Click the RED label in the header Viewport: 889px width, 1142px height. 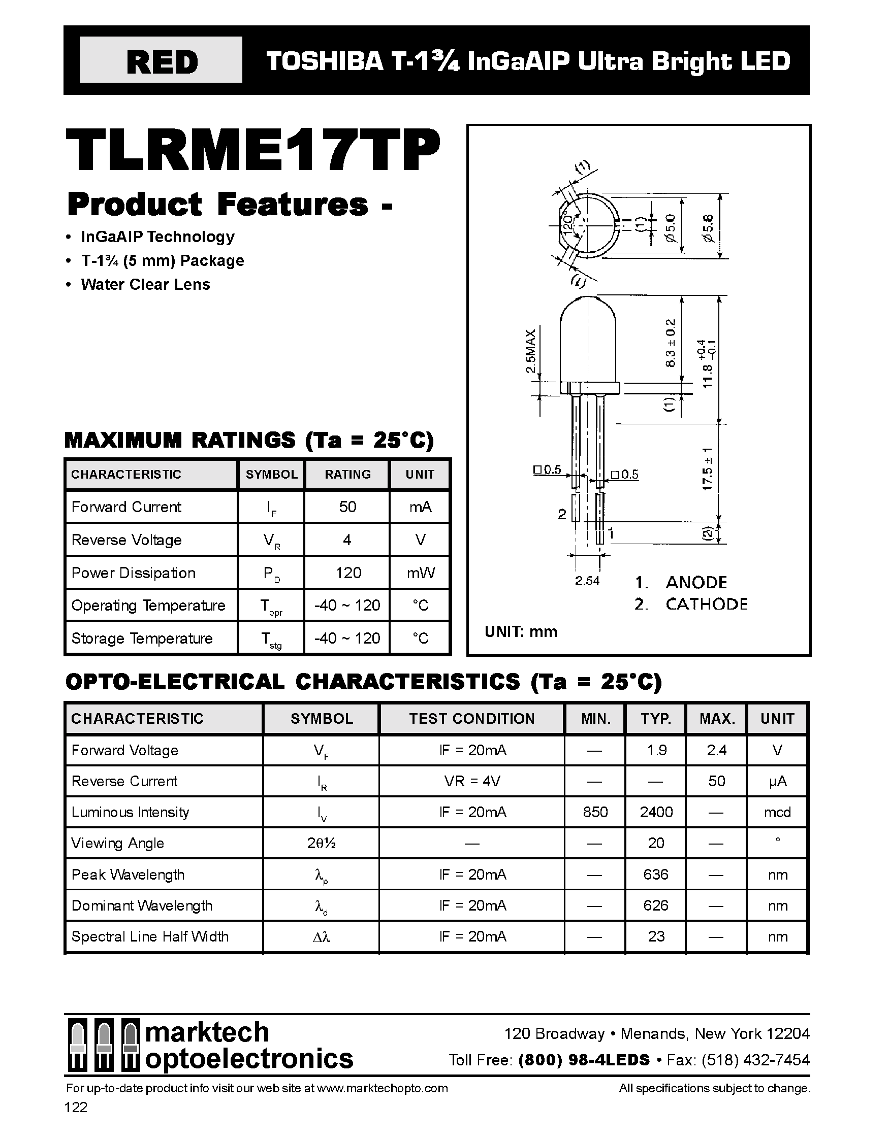point(162,62)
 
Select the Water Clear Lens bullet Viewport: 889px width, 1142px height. point(145,284)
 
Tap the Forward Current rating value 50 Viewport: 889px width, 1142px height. point(347,507)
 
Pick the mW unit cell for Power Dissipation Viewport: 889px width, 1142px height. point(420,573)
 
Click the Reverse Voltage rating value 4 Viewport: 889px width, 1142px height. point(347,540)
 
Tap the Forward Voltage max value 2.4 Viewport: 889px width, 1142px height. point(716,750)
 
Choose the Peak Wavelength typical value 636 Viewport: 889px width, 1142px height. point(656,875)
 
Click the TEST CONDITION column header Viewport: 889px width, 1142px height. point(471,719)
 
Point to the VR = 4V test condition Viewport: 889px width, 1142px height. point(472,781)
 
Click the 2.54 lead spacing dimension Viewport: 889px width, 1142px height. point(587,581)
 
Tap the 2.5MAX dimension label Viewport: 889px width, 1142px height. point(530,351)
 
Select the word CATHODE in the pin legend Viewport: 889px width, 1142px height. point(707,604)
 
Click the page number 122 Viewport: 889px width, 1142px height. point(76,1107)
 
